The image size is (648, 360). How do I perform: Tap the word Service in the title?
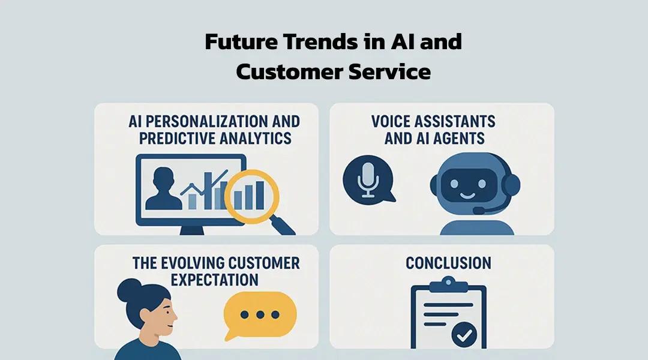click(389, 72)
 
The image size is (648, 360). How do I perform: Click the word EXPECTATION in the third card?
click(214, 280)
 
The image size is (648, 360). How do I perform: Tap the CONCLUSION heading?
click(448, 263)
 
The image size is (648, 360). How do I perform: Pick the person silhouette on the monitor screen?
click(164, 188)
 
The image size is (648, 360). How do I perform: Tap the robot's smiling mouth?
click(468, 195)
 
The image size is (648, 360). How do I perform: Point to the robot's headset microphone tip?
click(477, 211)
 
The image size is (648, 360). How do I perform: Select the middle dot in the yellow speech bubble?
click(260, 315)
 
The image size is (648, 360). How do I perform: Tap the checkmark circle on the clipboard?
click(464, 335)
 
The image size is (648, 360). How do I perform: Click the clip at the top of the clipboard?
click(448, 285)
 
